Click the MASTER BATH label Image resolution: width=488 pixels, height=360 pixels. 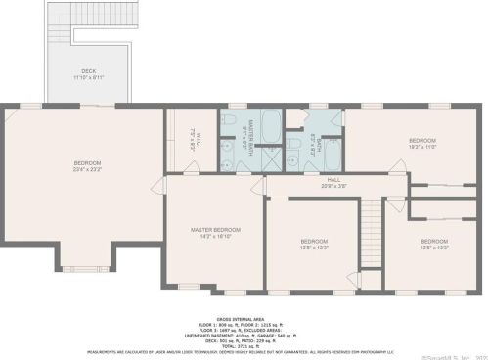(250, 136)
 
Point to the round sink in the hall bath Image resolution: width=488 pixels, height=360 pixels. (331, 124)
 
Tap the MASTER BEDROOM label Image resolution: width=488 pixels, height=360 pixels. (215, 229)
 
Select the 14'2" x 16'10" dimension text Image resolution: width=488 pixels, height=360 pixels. (215, 236)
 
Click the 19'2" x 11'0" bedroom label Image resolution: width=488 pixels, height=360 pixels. (421, 143)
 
